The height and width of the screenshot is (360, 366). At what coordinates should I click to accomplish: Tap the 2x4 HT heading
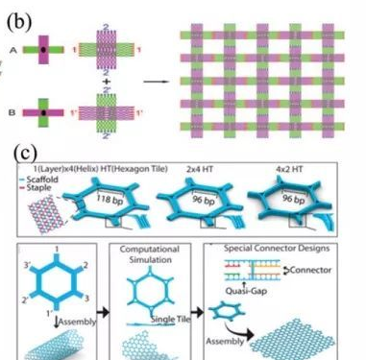(232, 169)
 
